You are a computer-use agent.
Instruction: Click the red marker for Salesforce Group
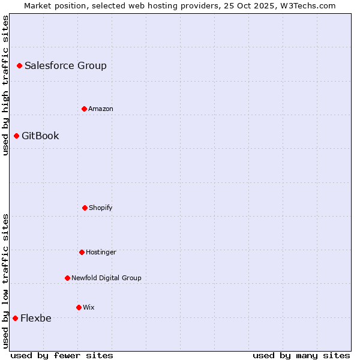pyautogui.click(x=19, y=65)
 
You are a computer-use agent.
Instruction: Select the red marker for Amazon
pyautogui.click(x=84, y=109)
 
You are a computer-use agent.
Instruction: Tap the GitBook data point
pyautogui.click(x=16, y=136)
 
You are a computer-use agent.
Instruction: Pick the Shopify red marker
pyautogui.click(x=85, y=208)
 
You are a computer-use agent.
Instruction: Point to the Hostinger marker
pyautogui.click(x=82, y=252)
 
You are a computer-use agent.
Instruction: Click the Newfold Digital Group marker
pyautogui.click(x=67, y=278)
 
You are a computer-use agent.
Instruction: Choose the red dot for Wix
pyautogui.click(x=79, y=307)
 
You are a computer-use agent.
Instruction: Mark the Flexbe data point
pyautogui.click(x=15, y=318)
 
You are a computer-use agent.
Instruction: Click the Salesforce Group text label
pyautogui.click(x=65, y=65)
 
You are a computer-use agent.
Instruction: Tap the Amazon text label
pyautogui.click(x=101, y=109)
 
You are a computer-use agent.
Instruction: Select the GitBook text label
pyautogui.click(x=40, y=136)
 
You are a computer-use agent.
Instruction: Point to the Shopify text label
pyautogui.click(x=101, y=208)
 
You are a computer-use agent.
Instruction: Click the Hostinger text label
pyautogui.click(x=101, y=252)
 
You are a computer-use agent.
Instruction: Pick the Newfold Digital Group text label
pyautogui.click(x=106, y=278)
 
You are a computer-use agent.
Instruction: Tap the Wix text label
pyautogui.click(x=89, y=307)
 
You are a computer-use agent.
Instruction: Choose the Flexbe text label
pyautogui.click(x=36, y=318)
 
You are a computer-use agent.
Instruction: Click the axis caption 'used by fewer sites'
pyautogui.click(x=62, y=355)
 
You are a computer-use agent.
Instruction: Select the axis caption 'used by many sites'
pyautogui.click(x=301, y=355)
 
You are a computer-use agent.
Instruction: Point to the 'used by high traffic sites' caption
pyautogui.click(x=5, y=86)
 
